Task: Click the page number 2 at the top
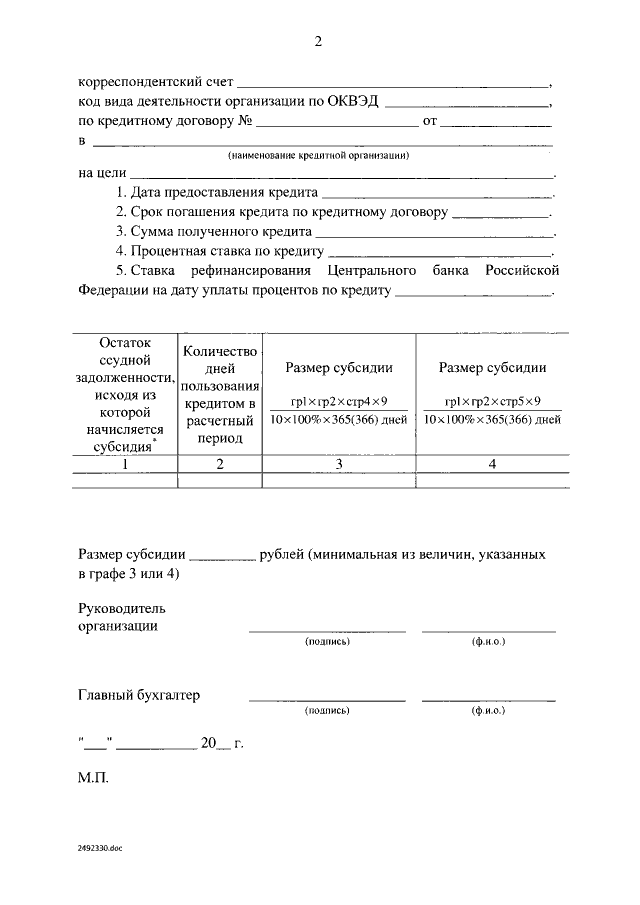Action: click(318, 41)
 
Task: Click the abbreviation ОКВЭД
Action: click(353, 104)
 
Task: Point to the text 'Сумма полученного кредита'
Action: click(213, 231)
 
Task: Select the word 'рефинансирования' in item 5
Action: click(256, 271)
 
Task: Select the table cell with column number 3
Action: click(338, 464)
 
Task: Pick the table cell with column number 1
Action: click(125, 464)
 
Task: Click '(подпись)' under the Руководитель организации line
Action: click(327, 641)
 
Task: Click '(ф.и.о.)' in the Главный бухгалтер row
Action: click(488, 711)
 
